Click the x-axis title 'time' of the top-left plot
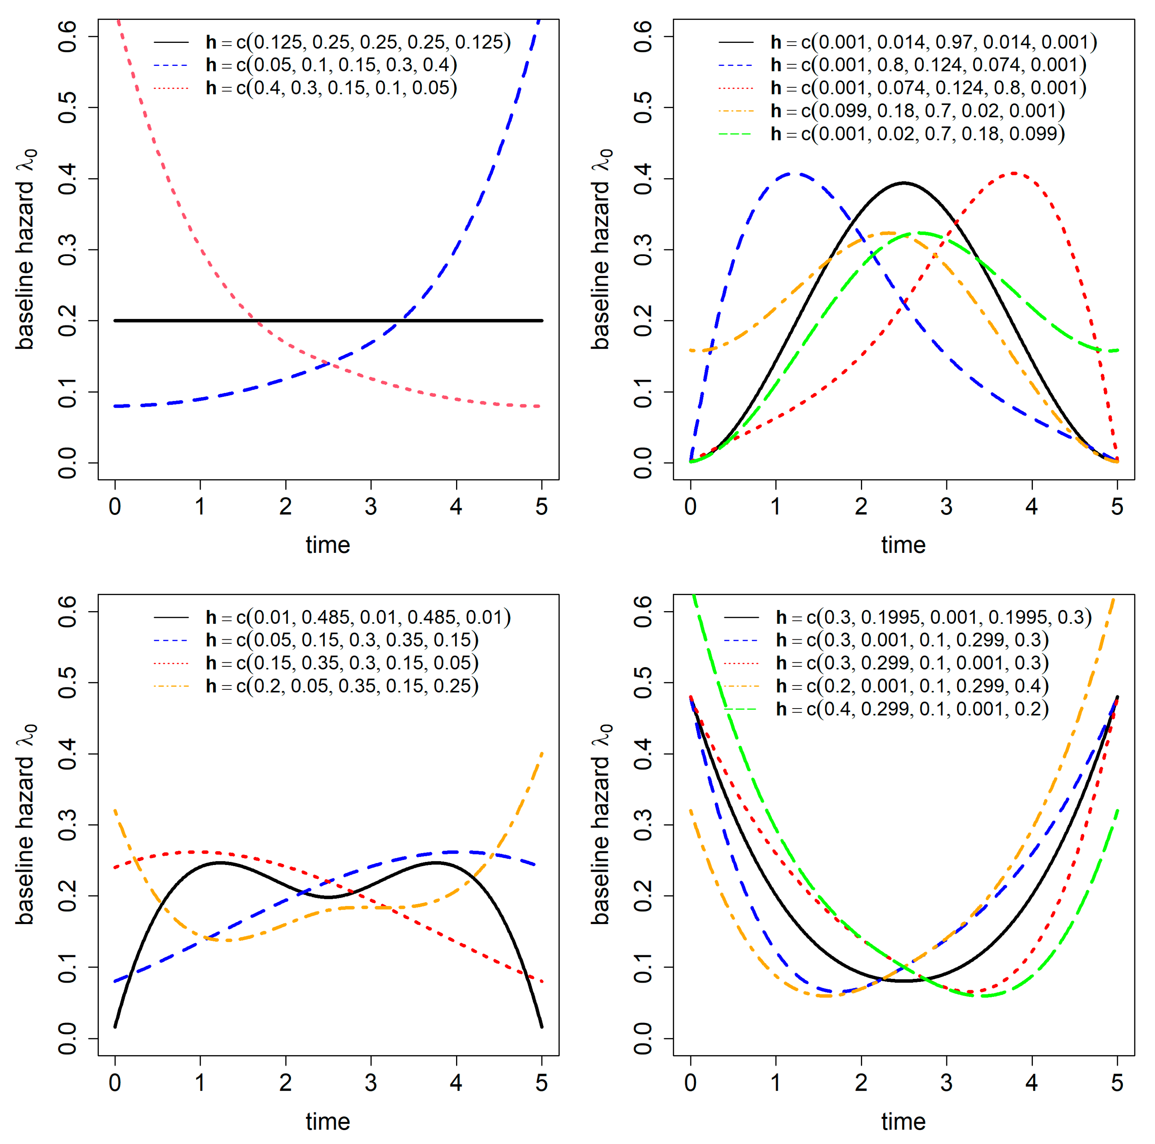[x=327, y=545]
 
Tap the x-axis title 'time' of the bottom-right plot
[x=903, y=1121]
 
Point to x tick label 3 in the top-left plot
[x=371, y=507]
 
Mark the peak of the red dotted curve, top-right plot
[x=1014, y=173]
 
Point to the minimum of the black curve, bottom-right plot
[x=903, y=981]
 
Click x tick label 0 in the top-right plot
[x=691, y=507]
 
